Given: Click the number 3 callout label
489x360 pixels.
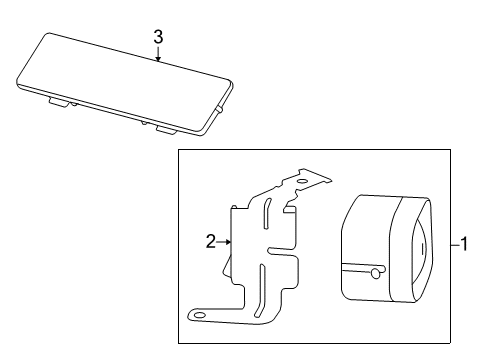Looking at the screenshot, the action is coord(158,37).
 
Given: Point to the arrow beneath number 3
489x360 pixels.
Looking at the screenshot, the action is coord(158,55).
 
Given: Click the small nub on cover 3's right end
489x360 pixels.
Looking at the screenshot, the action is coord(217,109).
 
